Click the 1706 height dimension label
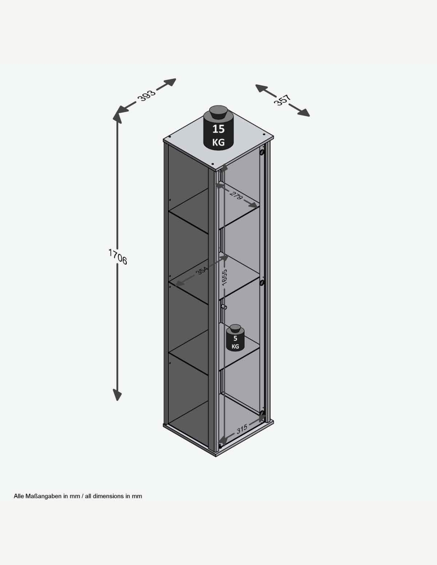[x=118, y=257]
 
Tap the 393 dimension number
[x=147, y=95]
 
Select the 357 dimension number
[x=282, y=100]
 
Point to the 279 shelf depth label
[x=236, y=195]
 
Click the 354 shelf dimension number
[x=202, y=271]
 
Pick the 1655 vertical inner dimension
[x=224, y=277]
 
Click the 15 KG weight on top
[x=218, y=128]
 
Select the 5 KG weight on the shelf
[x=235, y=338]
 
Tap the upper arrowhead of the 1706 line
[x=117, y=116]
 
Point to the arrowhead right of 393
[x=170, y=82]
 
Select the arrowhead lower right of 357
[x=304, y=112]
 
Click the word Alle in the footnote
[x=19, y=496]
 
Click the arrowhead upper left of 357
[x=262, y=88]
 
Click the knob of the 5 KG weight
[x=235, y=328]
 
